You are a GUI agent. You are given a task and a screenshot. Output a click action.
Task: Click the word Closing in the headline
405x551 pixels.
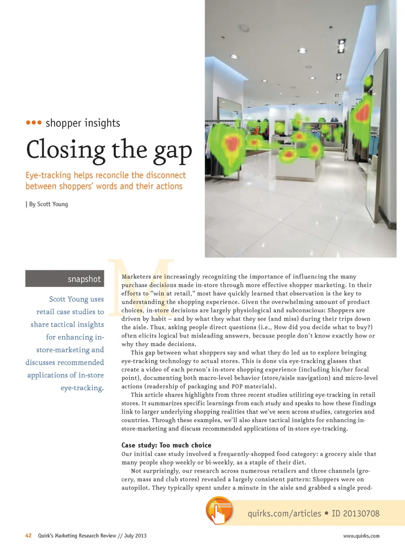coord(66,150)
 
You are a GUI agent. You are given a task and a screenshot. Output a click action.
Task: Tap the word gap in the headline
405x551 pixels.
coord(173,151)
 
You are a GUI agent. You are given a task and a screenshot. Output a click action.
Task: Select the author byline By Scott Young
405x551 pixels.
coord(48,204)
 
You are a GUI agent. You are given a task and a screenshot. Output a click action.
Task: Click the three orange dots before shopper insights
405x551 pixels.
coord(34,123)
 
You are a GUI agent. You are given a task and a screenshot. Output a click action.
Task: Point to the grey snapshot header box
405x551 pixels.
coord(65,279)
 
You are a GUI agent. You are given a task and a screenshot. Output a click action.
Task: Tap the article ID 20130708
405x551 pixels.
coord(355,513)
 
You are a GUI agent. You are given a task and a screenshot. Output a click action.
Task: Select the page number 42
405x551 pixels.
coord(28,535)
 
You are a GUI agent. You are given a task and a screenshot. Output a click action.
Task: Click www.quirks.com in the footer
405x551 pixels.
coord(361,536)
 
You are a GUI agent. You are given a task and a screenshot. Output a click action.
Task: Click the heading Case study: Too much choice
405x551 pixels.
coord(166,445)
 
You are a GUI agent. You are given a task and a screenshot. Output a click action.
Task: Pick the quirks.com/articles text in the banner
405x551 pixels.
coord(284,513)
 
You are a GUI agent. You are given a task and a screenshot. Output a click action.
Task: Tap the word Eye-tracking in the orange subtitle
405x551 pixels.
coord(48,175)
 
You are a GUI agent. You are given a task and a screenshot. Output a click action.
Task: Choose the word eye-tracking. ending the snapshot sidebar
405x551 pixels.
coord(82,388)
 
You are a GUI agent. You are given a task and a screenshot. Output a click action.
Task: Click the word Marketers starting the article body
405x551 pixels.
coord(136,277)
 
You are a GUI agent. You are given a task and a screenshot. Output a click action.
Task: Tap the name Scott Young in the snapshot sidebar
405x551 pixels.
coord(68,299)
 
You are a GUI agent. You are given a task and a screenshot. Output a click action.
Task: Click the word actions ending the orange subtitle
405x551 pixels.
coord(169,186)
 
